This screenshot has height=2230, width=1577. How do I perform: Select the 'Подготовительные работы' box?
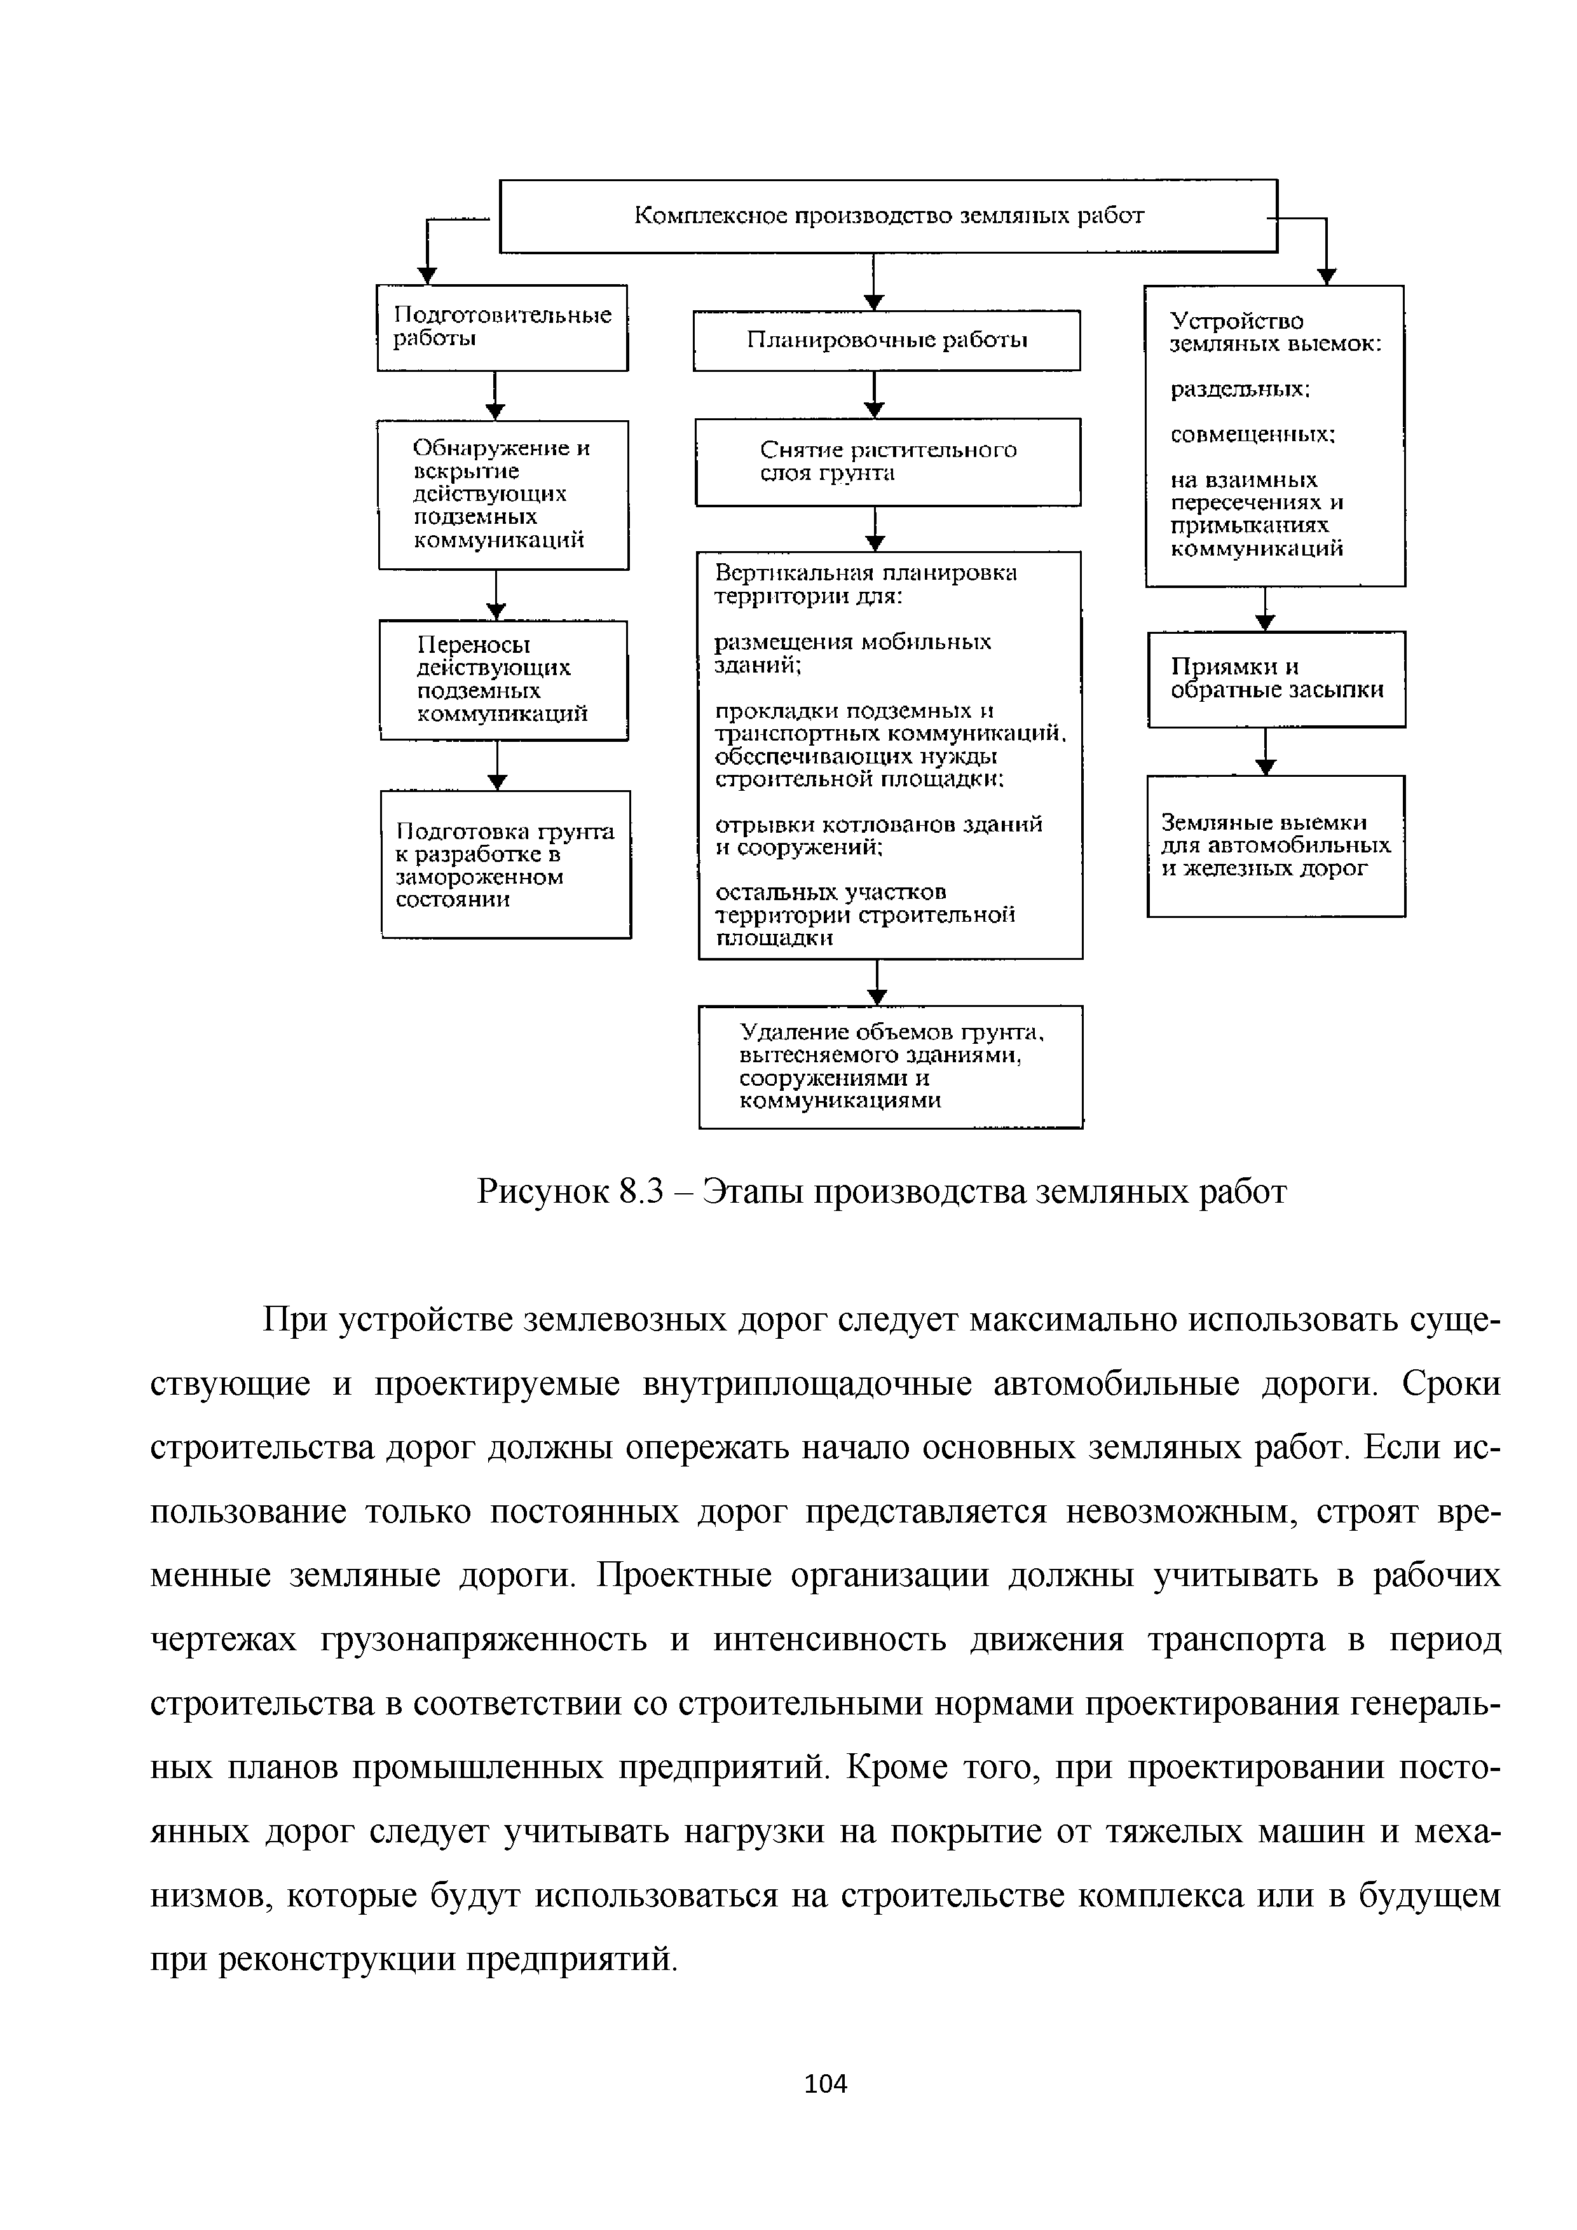pyautogui.click(x=502, y=327)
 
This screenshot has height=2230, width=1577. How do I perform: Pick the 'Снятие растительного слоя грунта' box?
pyautogui.click(x=887, y=462)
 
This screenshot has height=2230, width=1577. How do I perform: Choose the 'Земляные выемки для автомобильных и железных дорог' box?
pyautogui.click(x=1276, y=845)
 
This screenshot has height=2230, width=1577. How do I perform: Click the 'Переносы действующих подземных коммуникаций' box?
pyautogui.click(x=503, y=680)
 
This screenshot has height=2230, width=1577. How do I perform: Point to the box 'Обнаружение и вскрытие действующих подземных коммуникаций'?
pyautogui.click(x=503, y=495)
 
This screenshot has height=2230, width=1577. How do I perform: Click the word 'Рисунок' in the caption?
pyautogui.click(x=541, y=1192)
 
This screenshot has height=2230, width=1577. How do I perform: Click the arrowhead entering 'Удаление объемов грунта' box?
pyautogui.click(x=878, y=997)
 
